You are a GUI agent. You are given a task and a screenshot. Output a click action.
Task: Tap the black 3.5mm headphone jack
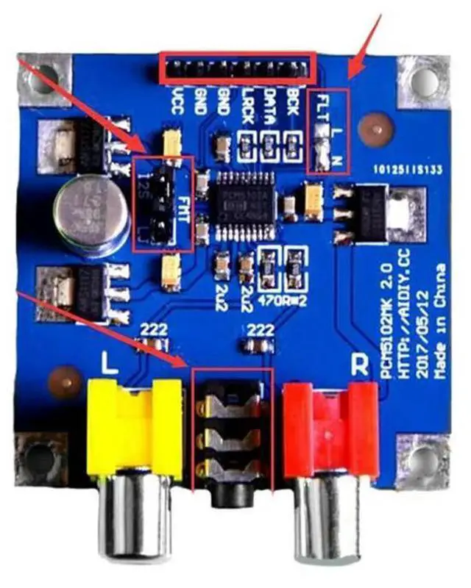(231, 441)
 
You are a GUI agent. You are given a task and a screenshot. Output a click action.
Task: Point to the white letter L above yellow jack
(109, 365)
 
